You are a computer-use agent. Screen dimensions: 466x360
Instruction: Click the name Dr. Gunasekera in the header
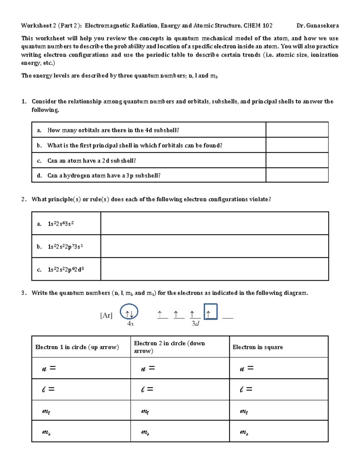point(317,26)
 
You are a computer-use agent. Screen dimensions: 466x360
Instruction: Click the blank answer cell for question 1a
point(297,130)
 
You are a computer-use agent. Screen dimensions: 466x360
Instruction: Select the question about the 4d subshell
point(113,130)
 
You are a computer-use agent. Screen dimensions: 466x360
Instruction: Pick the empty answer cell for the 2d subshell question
point(297,161)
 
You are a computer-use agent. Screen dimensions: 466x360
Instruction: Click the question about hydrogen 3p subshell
point(104,176)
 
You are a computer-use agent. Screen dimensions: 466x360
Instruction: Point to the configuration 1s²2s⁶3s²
point(61,224)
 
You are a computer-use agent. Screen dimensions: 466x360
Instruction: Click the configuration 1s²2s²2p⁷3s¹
point(65,247)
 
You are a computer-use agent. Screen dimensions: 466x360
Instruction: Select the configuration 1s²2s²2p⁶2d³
point(65,269)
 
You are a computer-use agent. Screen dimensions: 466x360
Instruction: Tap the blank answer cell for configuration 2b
point(214,246)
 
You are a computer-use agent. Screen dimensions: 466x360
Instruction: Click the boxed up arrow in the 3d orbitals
point(210,312)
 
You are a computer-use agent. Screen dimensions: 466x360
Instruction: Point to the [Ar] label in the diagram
point(106,315)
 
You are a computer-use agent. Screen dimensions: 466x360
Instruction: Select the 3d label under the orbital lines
point(195,323)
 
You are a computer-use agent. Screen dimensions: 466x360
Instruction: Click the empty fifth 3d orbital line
point(228,317)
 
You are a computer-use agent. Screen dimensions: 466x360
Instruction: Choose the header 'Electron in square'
point(258,347)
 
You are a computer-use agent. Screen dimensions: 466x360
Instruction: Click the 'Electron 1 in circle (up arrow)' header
point(77,347)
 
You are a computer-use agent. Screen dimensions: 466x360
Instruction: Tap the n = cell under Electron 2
point(180,368)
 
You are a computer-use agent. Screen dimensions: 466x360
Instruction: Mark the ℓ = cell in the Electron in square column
point(278,389)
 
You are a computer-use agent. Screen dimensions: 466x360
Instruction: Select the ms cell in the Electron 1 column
point(81,431)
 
